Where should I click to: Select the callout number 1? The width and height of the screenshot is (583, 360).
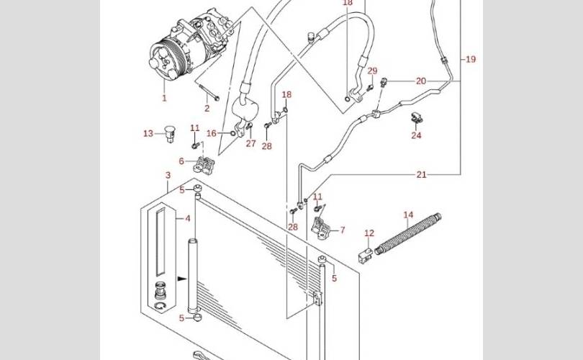pyautogui.click(x=164, y=98)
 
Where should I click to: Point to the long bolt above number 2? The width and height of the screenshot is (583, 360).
pyautogui.click(x=209, y=92)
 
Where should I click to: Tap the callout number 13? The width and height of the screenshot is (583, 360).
pyautogui.click(x=148, y=133)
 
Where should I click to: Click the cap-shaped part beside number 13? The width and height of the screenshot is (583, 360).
pyautogui.click(x=171, y=133)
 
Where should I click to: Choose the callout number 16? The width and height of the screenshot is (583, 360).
pyautogui.click(x=211, y=133)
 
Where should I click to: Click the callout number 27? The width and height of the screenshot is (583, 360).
pyautogui.click(x=251, y=143)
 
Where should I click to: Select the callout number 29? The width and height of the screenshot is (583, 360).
pyautogui.click(x=372, y=71)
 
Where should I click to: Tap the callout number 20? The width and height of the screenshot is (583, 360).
pyautogui.click(x=421, y=81)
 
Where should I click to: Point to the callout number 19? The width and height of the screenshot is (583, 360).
pyautogui.click(x=471, y=59)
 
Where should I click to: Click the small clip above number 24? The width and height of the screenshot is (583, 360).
pyautogui.click(x=417, y=118)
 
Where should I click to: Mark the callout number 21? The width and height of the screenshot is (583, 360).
pyautogui.click(x=421, y=174)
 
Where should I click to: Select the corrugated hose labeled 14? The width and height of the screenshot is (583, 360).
pyautogui.click(x=408, y=234)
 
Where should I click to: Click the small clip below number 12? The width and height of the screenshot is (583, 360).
pyautogui.click(x=366, y=256)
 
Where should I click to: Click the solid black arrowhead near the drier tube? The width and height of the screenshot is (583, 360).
pyautogui.click(x=182, y=278)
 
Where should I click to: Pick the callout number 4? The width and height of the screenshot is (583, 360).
pyautogui.click(x=188, y=218)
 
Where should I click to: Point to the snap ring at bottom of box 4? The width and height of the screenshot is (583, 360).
pyautogui.click(x=161, y=306)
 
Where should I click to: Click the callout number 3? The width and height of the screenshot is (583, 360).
pyautogui.click(x=168, y=175)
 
